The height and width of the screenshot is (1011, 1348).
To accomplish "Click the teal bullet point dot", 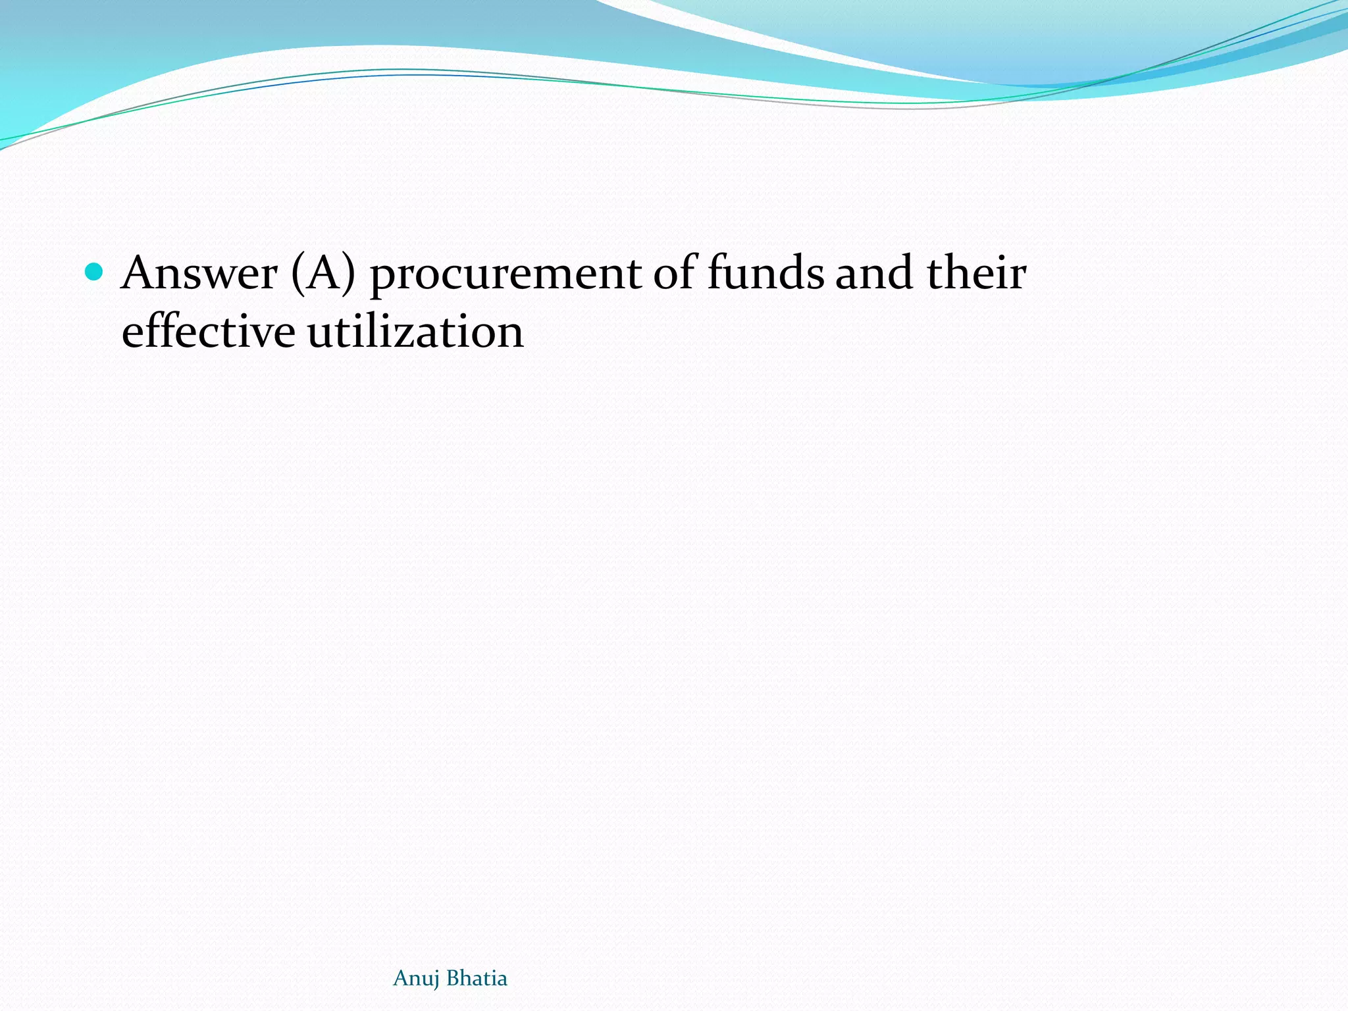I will (x=95, y=271).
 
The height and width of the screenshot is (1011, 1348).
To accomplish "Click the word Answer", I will (x=199, y=274).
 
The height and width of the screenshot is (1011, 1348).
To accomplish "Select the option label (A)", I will (x=323, y=274).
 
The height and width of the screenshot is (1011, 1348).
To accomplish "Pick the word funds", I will (x=765, y=272).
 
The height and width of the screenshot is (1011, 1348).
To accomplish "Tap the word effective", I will (x=208, y=332).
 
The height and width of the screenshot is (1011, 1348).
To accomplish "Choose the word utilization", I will (x=415, y=332).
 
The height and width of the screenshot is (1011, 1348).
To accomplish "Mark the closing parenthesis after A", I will (x=349, y=275).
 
